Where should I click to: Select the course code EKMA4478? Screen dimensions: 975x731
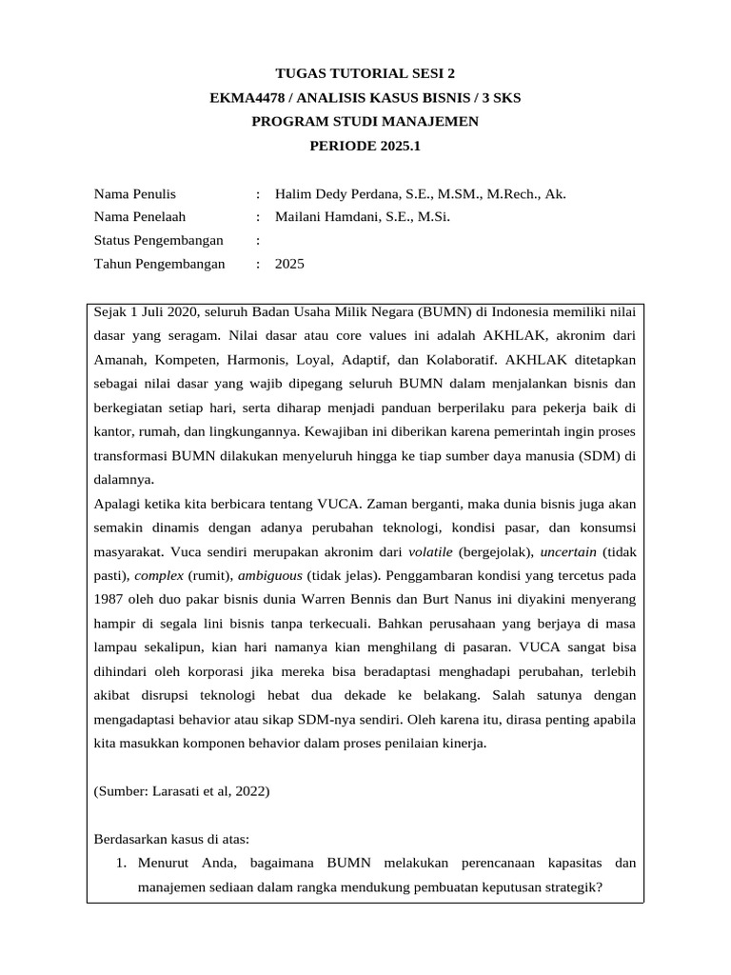[250, 97]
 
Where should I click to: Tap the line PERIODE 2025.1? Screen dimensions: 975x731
[365, 146]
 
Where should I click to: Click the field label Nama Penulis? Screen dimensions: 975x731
[134, 193]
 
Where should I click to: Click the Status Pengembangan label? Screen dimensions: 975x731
[158, 241]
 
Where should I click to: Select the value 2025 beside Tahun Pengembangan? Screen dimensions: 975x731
[289, 265]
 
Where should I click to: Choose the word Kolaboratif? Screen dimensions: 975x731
[461, 361]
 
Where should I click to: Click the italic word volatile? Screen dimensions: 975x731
[430, 552]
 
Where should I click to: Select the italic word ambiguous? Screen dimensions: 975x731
[269, 576]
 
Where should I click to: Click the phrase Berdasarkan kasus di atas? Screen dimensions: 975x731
[171, 839]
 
